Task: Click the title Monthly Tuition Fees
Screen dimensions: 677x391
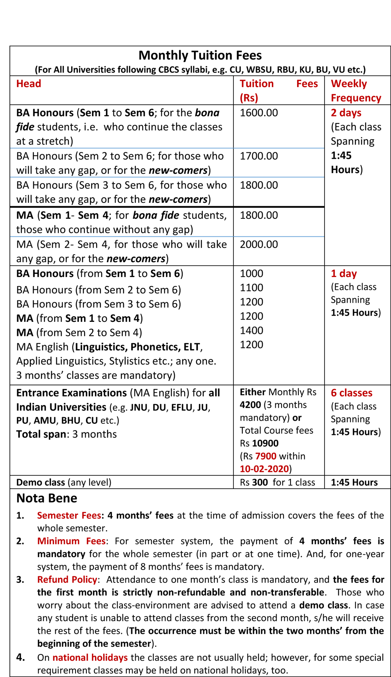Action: pyautogui.click(x=200, y=55)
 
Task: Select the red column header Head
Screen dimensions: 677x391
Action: pyautogui.click(x=29, y=84)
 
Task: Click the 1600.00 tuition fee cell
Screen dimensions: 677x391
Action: pyautogui.click(x=259, y=113)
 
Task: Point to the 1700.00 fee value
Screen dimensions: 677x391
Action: pyautogui.click(x=259, y=156)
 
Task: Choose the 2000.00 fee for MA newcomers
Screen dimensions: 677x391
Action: pyautogui.click(x=259, y=245)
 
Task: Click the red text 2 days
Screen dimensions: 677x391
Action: pyautogui.click(x=346, y=113)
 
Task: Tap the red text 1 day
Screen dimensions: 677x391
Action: pyautogui.click(x=344, y=273)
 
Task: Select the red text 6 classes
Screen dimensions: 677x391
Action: pyautogui.click(x=352, y=393)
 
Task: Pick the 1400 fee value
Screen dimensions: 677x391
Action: pyautogui.click(x=251, y=330)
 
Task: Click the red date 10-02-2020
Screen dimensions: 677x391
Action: pyautogui.click(x=264, y=469)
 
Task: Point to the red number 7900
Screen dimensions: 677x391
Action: pyautogui.click(x=265, y=456)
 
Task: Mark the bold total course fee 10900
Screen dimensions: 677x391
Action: pyautogui.click(x=265, y=443)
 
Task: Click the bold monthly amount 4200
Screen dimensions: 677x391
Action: pyautogui.click(x=250, y=405)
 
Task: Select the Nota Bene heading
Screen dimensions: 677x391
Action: pyautogui.click(x=47, y=498)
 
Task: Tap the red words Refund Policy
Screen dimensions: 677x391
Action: pyautogui.click(x=67, y=580)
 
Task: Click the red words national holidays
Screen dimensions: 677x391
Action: pyautogui.click(x=90, y=658)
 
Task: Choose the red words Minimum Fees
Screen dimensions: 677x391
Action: pyautogui.click(x=71, y=541)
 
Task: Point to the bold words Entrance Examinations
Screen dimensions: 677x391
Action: pyautogui.click(x=72, y=393)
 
